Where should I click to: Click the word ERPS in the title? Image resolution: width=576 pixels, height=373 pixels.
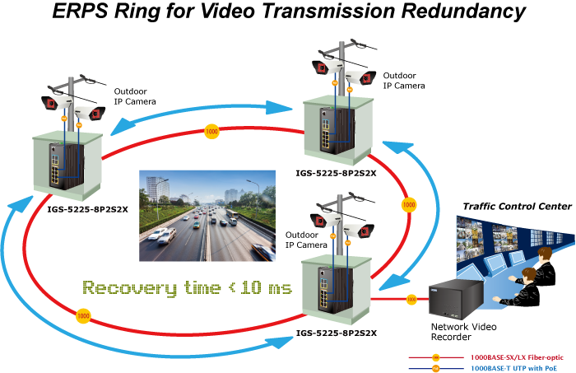point(80,11)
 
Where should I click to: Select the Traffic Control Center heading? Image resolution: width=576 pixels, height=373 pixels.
point(518,207)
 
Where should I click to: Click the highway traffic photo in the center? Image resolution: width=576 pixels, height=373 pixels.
point(207,216)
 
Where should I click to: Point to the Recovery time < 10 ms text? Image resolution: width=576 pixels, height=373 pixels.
point(188,287)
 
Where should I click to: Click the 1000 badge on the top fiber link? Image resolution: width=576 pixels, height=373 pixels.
point(211,132)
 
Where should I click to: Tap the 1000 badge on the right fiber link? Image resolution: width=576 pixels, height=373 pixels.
point(409,205)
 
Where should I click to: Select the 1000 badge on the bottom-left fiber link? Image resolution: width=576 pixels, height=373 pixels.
point(83,315)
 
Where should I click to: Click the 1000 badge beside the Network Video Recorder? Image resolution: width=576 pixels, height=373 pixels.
point(411,300)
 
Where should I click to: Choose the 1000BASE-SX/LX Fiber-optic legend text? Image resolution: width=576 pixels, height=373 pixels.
point(517,357)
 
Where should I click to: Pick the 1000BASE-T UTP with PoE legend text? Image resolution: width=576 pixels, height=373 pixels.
point(513,368)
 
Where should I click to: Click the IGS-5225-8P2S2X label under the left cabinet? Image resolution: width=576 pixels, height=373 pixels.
point(87,210)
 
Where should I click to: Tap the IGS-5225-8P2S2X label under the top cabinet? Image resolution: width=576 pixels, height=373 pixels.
point(336,173)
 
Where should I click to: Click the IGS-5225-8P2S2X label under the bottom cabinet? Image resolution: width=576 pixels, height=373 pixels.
point(337,333)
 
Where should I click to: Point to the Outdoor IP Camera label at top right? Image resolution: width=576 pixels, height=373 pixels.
point(404,81)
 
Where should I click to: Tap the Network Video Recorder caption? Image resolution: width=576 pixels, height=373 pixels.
point(463,332)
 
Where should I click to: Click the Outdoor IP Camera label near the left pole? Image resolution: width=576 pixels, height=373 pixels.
point(135,96)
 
